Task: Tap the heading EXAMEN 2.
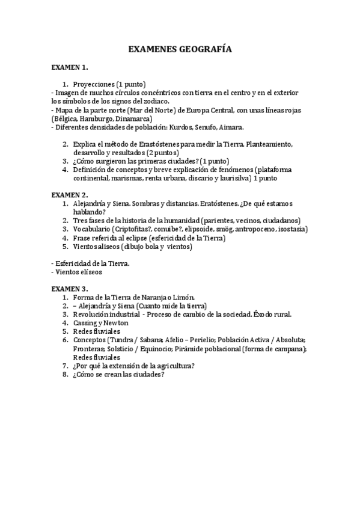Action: [x=70, y=195]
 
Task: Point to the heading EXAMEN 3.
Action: [x=70, y=289]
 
